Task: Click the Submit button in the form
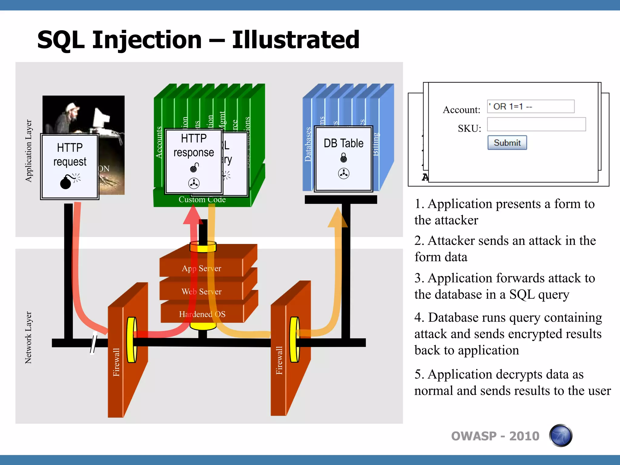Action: point(507,143)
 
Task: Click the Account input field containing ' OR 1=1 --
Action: point(530,107)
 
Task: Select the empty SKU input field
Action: point(536,124)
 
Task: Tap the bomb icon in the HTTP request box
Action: point(66,182)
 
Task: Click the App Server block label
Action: point(201,269)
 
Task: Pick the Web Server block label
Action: point(201,292)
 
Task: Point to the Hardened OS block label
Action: point(202,314)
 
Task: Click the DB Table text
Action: point(343,143)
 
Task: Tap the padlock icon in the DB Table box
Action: point(344,158)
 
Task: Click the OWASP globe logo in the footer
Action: point(561,436)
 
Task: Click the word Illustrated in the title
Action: point(295,40)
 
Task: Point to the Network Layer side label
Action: point(28,337)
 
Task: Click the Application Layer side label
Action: point(28,150)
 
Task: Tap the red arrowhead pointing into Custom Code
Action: point(193,216)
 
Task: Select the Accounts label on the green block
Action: point(159,142)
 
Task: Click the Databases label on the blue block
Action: point(308,144)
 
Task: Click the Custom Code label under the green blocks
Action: point(202,200)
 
